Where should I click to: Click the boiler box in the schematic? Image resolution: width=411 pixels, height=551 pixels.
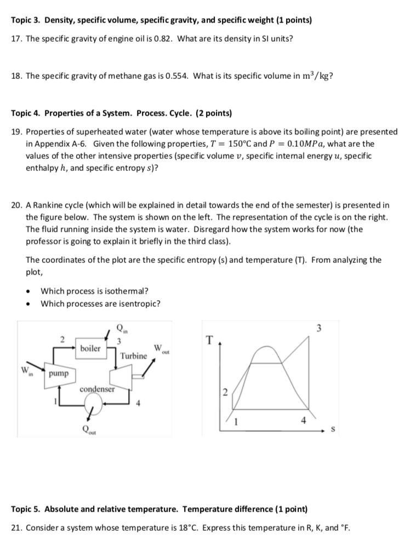coord(90,348)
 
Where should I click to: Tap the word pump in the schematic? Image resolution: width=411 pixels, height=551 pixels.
coord(59,374)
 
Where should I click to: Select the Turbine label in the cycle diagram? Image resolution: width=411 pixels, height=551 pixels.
coord(134,356)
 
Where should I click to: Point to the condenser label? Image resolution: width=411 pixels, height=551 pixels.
coord(97,389)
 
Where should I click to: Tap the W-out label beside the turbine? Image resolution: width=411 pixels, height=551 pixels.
coord(161,348)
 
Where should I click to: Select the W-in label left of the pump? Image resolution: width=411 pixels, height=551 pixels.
coord(26,370)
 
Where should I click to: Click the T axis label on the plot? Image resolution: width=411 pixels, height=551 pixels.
coord(209,340)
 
